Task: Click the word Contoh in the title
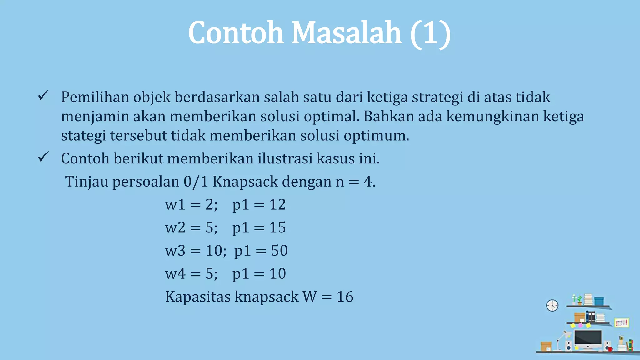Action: pos(236,33)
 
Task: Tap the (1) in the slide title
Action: pos(430,33)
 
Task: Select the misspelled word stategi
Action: pos(83,136)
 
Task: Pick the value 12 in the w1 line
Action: pos(277,205)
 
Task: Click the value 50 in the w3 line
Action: pos(279,251)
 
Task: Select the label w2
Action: pos(175,228)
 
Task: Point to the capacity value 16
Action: pos(345,297)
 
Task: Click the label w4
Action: pos(175,274)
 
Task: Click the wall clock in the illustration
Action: pos(552,305)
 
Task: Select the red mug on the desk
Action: pos(610,349)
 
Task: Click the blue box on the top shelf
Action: pos(599,301)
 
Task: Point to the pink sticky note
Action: pos(580,325)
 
